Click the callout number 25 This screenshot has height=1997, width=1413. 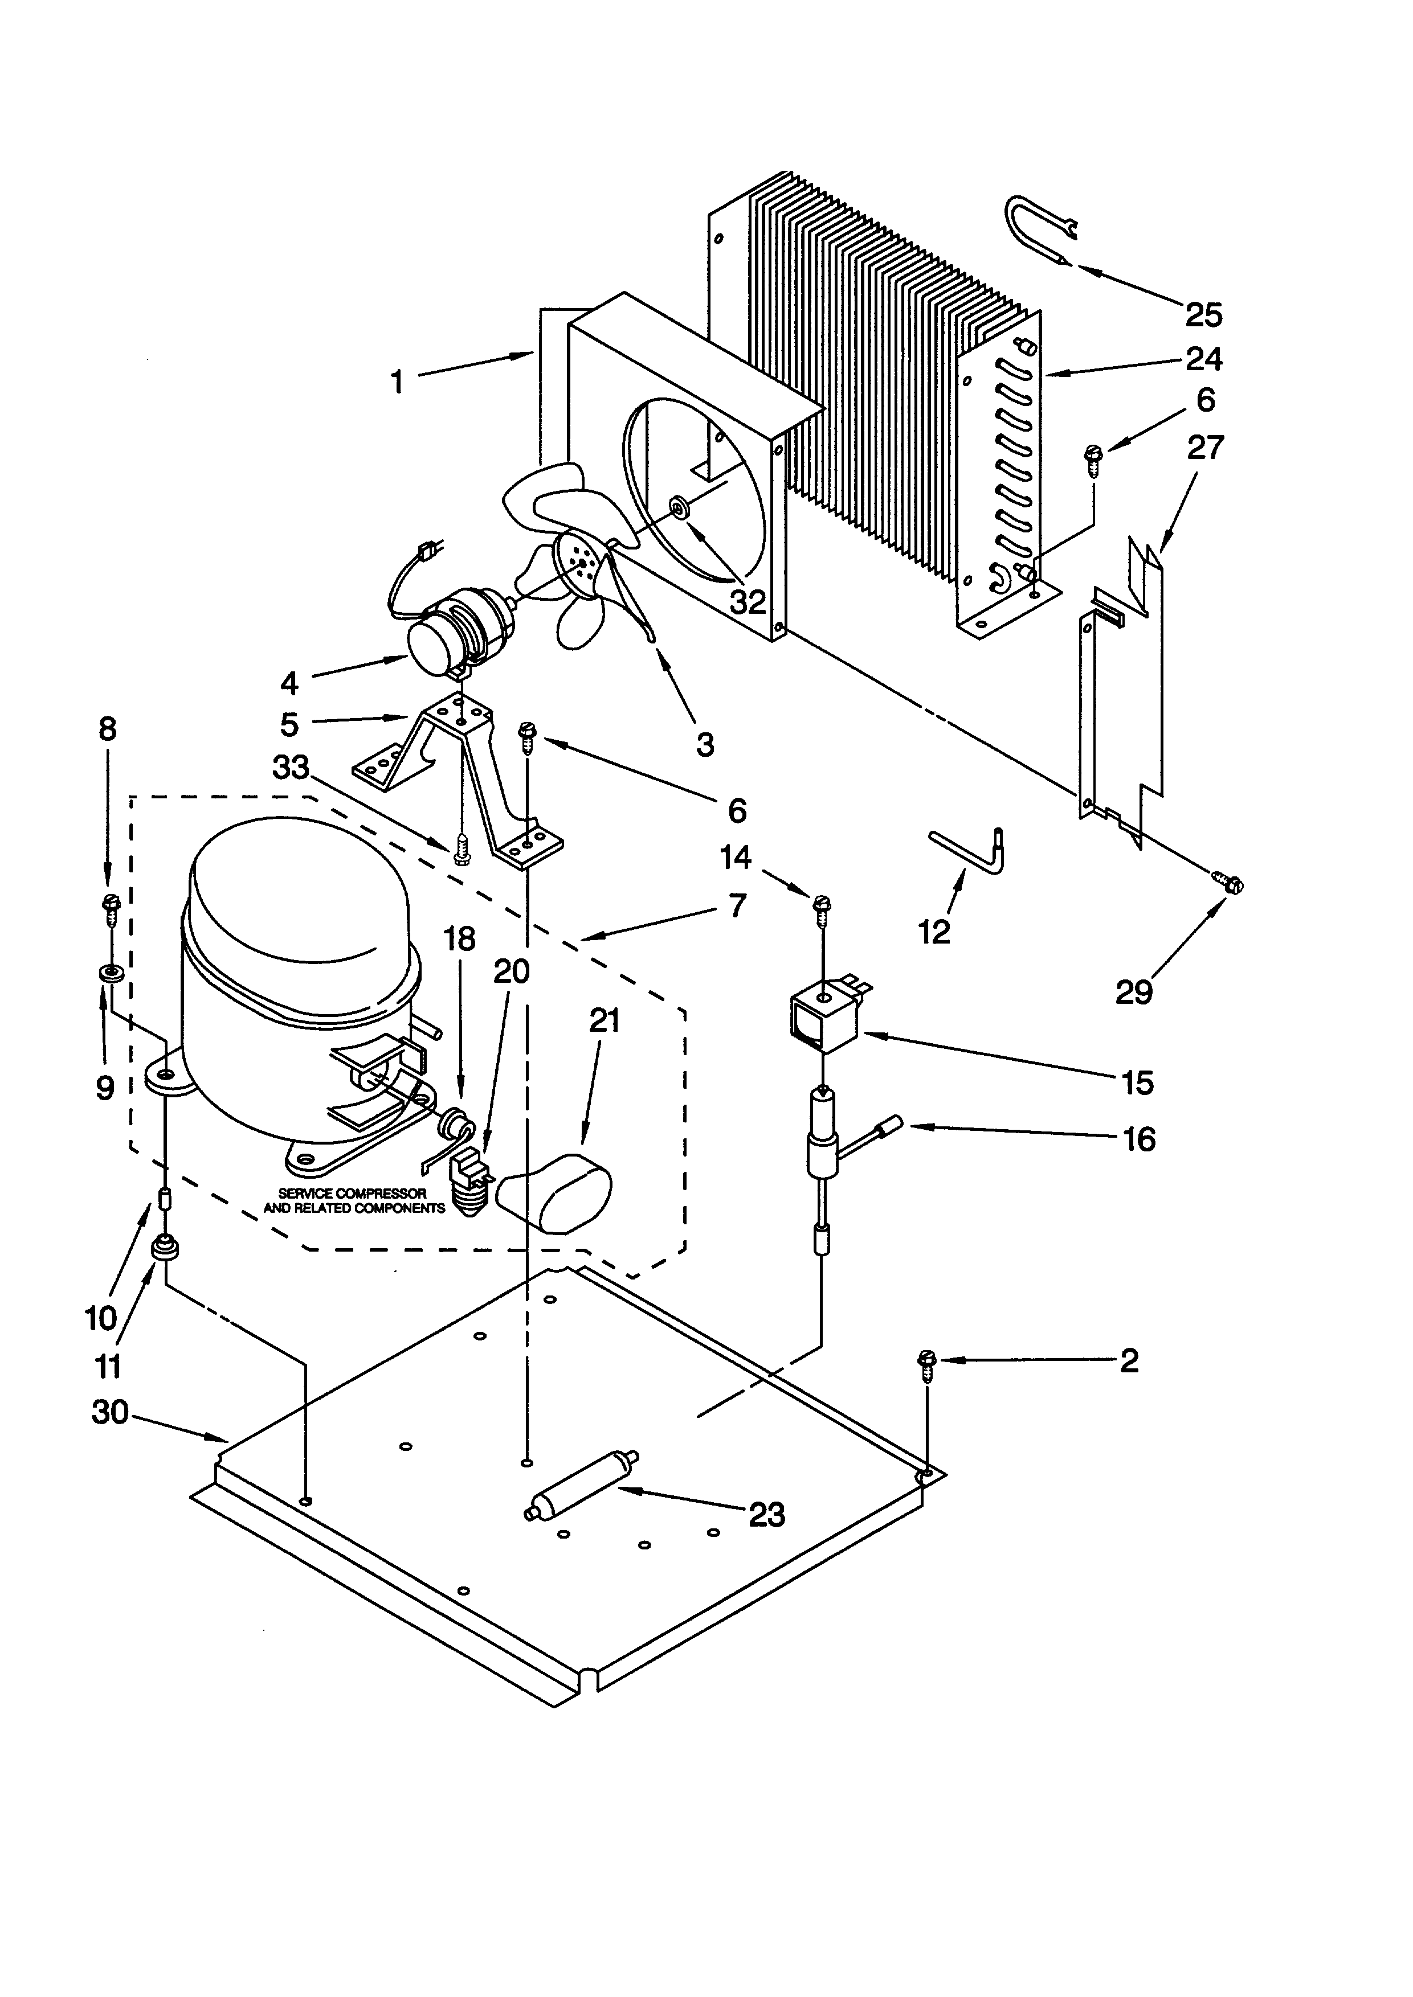pyautogui.click(x=1203, y=315)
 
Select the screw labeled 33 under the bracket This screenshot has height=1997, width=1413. pyautogui.click(x=462, y=850)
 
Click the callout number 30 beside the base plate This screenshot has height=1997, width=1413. pyautogui.click(x=109, y=1413)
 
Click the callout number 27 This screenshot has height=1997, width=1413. pyautogui.click(x=1205, y=448)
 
